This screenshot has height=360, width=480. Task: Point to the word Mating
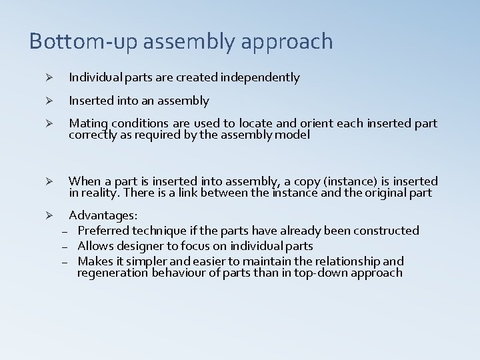(x=87, y=124)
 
